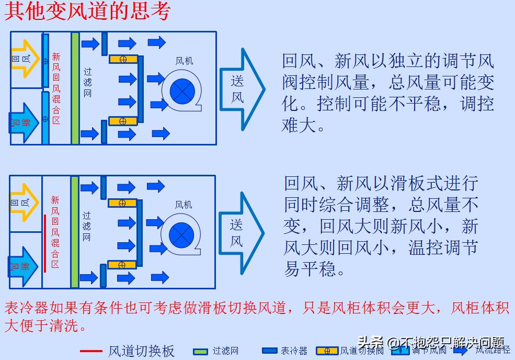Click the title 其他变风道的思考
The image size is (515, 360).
click(88, 12)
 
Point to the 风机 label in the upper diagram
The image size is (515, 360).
click(184, 61)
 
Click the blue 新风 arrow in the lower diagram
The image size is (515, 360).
click(24, 267)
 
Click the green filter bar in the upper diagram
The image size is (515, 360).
click(75, 88)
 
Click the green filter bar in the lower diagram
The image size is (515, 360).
click(74, 231)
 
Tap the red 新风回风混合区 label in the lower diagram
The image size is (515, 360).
click(55, 231)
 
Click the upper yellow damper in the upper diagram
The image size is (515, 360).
click(123, 59)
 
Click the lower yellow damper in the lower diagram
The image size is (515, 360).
click(122, 265)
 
